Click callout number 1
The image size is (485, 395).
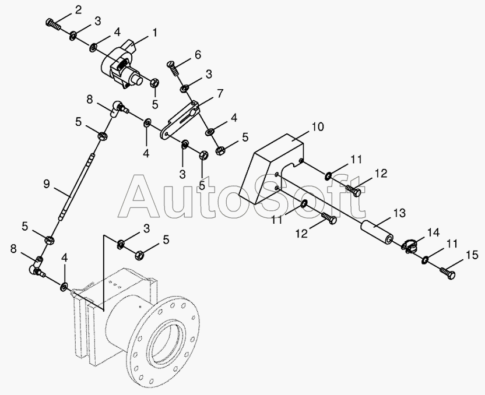154,34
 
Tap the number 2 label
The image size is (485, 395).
78,9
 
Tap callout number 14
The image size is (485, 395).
433,232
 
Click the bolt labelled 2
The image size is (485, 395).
53,23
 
